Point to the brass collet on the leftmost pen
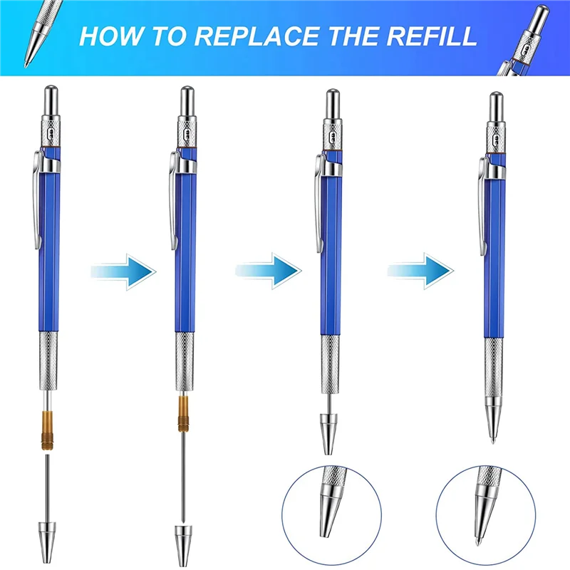click(x=48, y=427)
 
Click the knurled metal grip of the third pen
click(x=328, y=367)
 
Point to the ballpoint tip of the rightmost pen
click(x=494, y=436)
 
